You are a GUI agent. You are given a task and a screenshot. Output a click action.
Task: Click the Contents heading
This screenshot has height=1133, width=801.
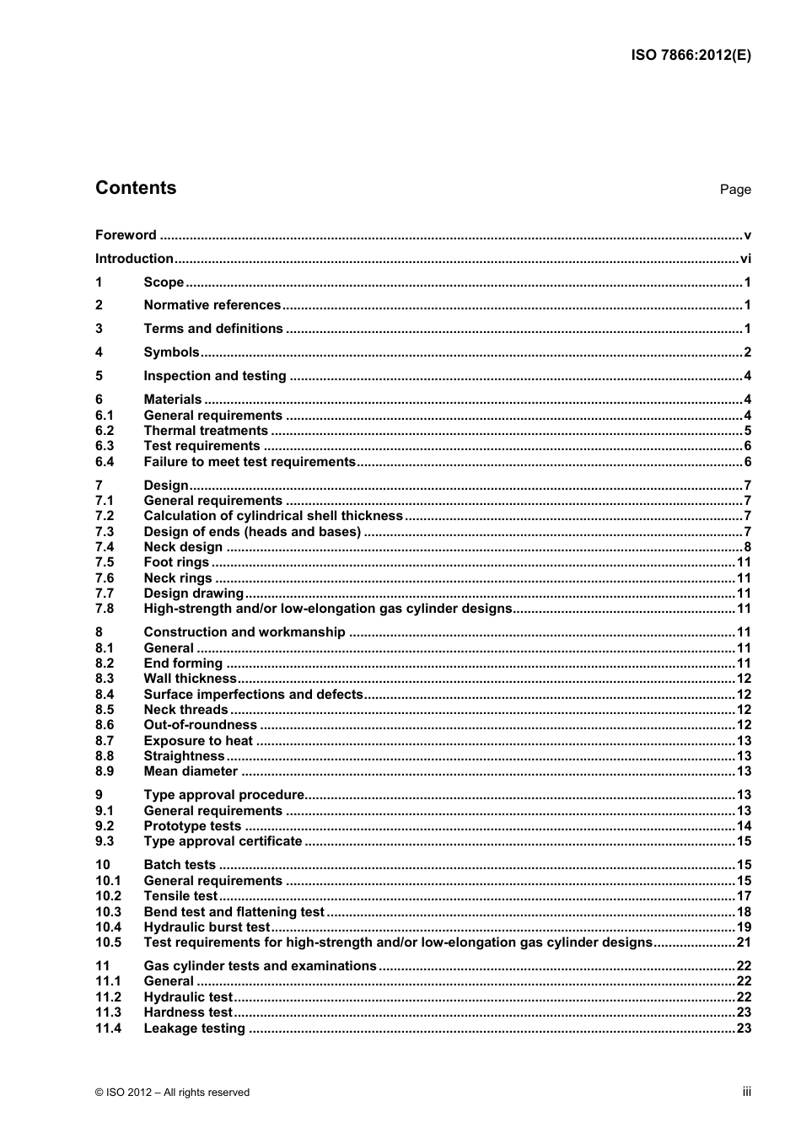point(136,188)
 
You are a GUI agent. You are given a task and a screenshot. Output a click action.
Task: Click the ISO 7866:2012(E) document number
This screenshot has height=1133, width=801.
point(691,56)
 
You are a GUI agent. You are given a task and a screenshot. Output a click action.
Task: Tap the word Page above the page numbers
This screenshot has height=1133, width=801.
point(735,190)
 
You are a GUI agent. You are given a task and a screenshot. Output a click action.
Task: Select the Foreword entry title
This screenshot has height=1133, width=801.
point(126,235)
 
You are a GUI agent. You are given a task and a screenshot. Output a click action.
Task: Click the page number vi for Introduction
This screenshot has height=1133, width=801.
point(745,259)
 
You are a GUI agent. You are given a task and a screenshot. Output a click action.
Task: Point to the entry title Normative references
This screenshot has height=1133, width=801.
point(212,305)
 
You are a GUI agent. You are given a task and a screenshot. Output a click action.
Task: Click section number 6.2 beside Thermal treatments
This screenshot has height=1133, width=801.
point(105,431)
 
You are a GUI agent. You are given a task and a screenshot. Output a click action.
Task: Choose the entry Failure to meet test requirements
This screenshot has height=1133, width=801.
point(250,462)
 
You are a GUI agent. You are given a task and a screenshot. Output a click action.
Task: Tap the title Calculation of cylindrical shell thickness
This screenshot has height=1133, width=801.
point(273,516)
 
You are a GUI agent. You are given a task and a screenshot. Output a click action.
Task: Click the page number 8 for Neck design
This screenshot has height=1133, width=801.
point(747,547)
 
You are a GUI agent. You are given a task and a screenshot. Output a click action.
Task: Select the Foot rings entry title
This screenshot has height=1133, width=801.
point(176,562)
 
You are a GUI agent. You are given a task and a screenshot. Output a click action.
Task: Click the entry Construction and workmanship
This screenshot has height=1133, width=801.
point(245,632)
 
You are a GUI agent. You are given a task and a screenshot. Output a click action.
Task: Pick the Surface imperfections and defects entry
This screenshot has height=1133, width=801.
point(253,695)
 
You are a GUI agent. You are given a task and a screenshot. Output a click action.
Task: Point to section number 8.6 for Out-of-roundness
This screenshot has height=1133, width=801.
point(105,725)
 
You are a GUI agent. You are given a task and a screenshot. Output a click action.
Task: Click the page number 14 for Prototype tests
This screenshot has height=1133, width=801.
point(744,826)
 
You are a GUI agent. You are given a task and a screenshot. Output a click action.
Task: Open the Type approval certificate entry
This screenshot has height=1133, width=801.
point(223,841)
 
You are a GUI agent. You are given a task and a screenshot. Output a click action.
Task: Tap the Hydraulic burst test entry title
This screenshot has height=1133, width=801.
point(207,927)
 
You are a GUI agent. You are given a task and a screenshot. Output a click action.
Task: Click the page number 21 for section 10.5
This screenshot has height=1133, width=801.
point(744,942)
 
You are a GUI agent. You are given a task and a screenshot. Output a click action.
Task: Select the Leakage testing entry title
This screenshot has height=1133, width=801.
point(194,1028)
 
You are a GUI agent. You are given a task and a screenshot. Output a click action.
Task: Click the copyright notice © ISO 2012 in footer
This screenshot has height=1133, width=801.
point(173,1093)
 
